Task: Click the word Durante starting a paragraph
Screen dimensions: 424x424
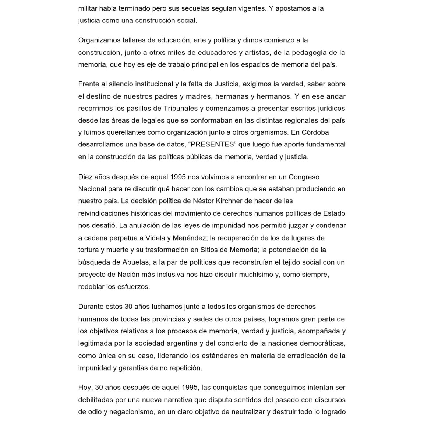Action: point(91,307)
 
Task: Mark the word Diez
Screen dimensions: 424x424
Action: point(85,177)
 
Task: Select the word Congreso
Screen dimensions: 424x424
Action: point(304,177)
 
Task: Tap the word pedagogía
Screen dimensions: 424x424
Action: point(307,52)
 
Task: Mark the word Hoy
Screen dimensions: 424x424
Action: point(85,388)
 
